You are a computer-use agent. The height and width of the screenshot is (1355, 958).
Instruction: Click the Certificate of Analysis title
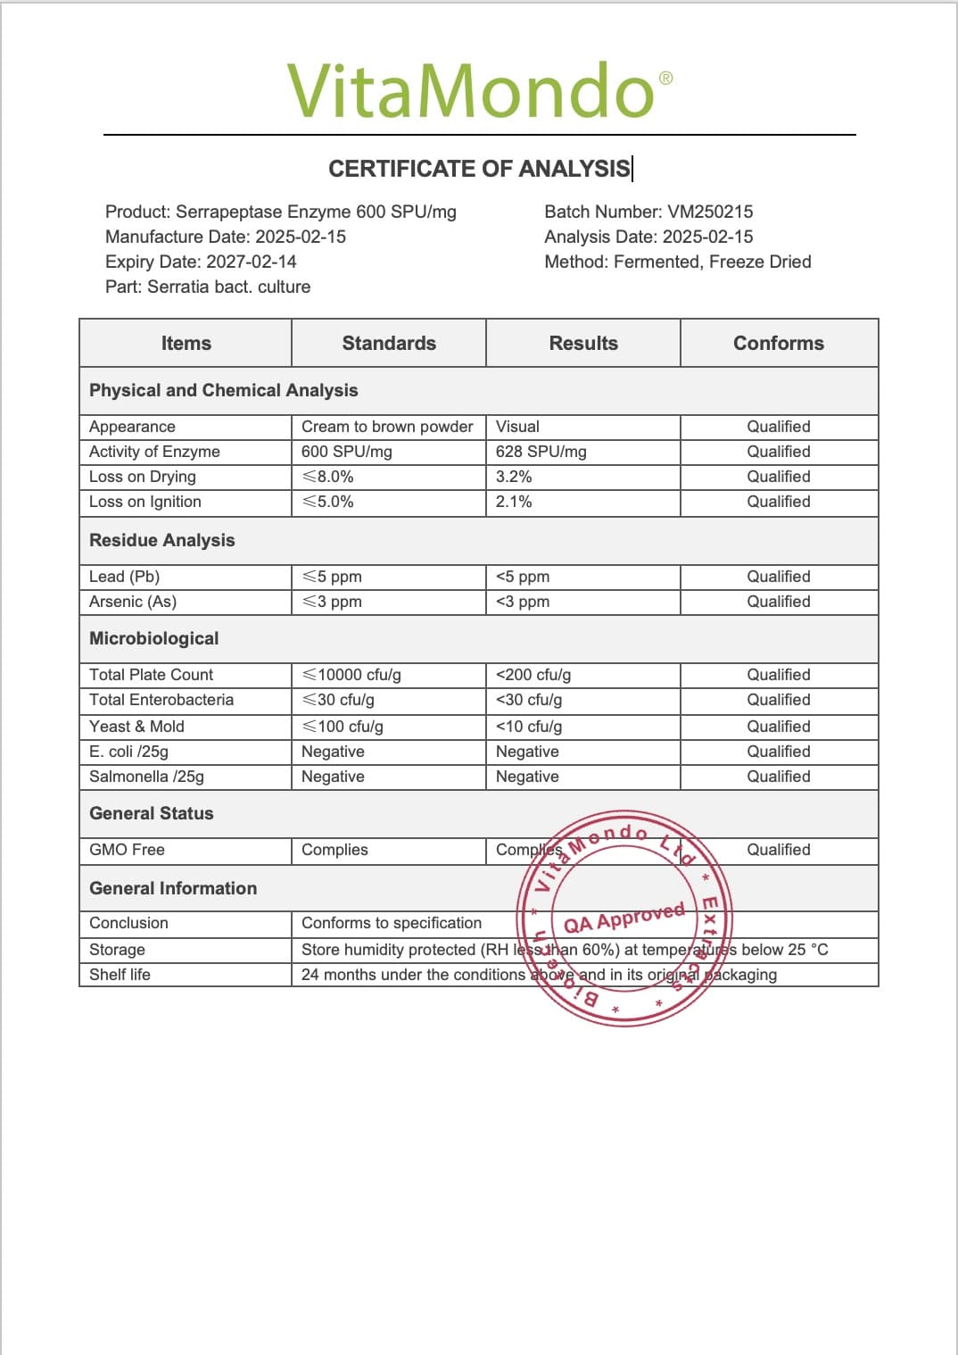pos(479,169)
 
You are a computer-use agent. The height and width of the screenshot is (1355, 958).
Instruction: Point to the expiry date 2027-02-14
pos(252,262)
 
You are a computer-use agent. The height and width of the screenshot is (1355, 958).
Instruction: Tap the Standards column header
pos(389,343)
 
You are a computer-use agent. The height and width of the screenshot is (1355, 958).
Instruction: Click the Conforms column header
pos(779,343)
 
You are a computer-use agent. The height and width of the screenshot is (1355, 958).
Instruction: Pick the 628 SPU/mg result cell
pos(541,452)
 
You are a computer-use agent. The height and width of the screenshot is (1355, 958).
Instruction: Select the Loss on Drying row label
pos(143,477)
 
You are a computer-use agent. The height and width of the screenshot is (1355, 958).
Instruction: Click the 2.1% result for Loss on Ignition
pos(514,502)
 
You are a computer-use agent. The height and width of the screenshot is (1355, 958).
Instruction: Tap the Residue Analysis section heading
pos(162,540)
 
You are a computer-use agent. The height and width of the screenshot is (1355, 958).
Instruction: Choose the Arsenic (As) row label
pos(133,602)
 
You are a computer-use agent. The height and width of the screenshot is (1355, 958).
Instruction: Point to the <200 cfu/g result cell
pos(533,675)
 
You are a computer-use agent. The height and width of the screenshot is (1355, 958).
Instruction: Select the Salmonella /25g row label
pos(147,777)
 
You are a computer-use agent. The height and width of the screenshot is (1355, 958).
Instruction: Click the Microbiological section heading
pos(154,638)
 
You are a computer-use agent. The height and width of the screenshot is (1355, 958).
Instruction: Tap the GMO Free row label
pos(128,850)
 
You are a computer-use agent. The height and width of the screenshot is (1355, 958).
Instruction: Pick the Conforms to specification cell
pos(392,923)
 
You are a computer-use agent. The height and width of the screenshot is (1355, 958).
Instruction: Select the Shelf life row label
pos(120,975)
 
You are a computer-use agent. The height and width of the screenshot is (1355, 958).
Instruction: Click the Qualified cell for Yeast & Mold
pos(779,727)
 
